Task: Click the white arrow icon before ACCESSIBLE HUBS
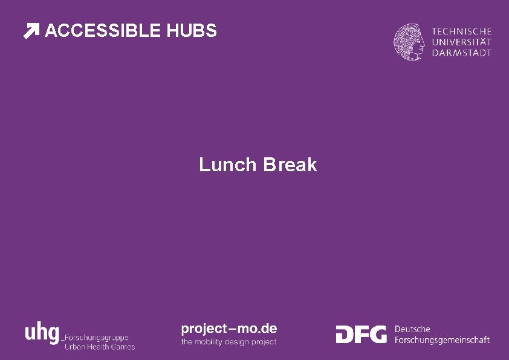click(x=31, y=31)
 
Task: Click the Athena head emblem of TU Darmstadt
click(x=410, y=41)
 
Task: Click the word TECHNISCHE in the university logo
click(x=461, y=31)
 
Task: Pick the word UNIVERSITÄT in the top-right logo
click(x=461, y=42)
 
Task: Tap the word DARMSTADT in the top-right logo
click(x=461, y=53)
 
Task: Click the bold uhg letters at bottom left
click(x=42, y=333)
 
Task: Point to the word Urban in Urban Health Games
click(x=75, y=347)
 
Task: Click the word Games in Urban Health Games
click(x=123, y=347)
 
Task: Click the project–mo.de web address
click(x=229, y=329)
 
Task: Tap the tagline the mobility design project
click(x=229, y=342)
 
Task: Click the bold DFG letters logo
click(x=361, y=334)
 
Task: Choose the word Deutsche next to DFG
click(x=412, y=329)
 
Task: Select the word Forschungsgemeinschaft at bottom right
click(x=442, y=340)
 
